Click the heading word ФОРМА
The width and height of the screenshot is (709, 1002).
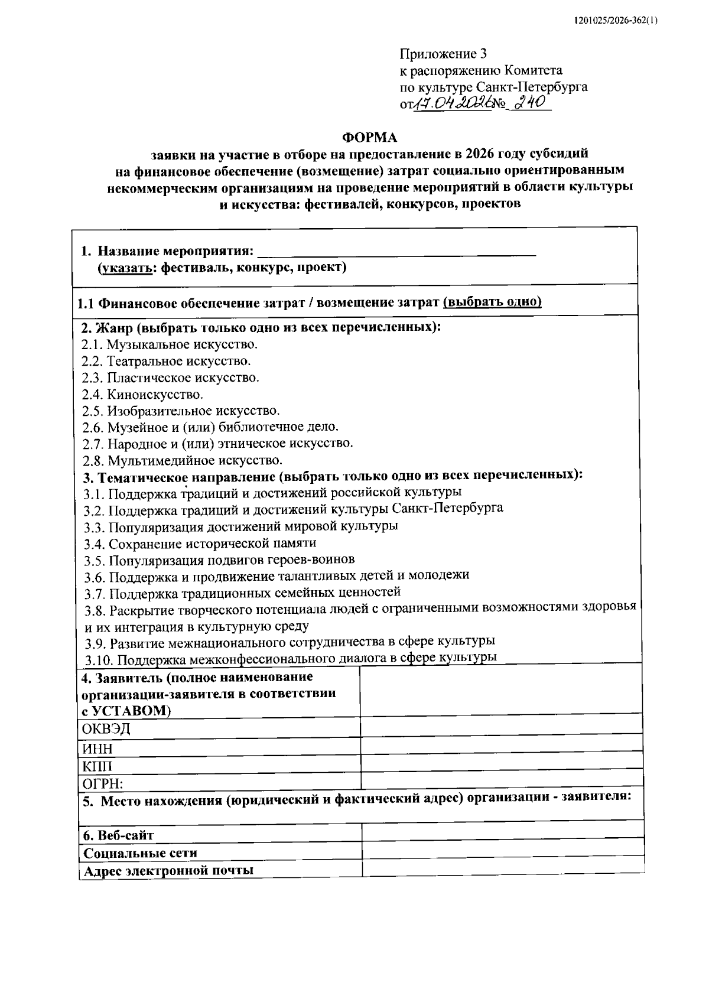pyautogui.click(x=370, y=138)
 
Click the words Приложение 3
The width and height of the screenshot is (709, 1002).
pyautogui.click(x=443, y=54)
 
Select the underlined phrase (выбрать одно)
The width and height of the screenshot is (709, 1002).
pyautogui.click(x=492, y=302)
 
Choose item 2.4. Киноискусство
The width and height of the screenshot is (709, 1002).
pyautogui.click(x=142, y=394)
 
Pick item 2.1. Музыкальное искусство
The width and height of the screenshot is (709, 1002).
pyautogui.click(x=170, y=344)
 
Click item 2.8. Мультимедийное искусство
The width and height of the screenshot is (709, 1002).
pyautogui.click(x=182, y=460)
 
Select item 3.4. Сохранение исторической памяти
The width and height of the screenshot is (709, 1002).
pyautogui.click(x=200, y=542)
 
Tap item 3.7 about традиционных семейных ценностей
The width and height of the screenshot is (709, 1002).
pyautogui.click(x=242, y=592)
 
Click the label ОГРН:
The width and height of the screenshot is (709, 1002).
pyautogui.click(x=103, y=784)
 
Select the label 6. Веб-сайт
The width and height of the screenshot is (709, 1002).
pyautogui.click(x=119, y=835)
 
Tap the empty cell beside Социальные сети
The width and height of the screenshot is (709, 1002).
pyautogui.click(x=502, y=852)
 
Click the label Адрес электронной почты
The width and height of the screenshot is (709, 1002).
pyautogui.click(x=168, y=870)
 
